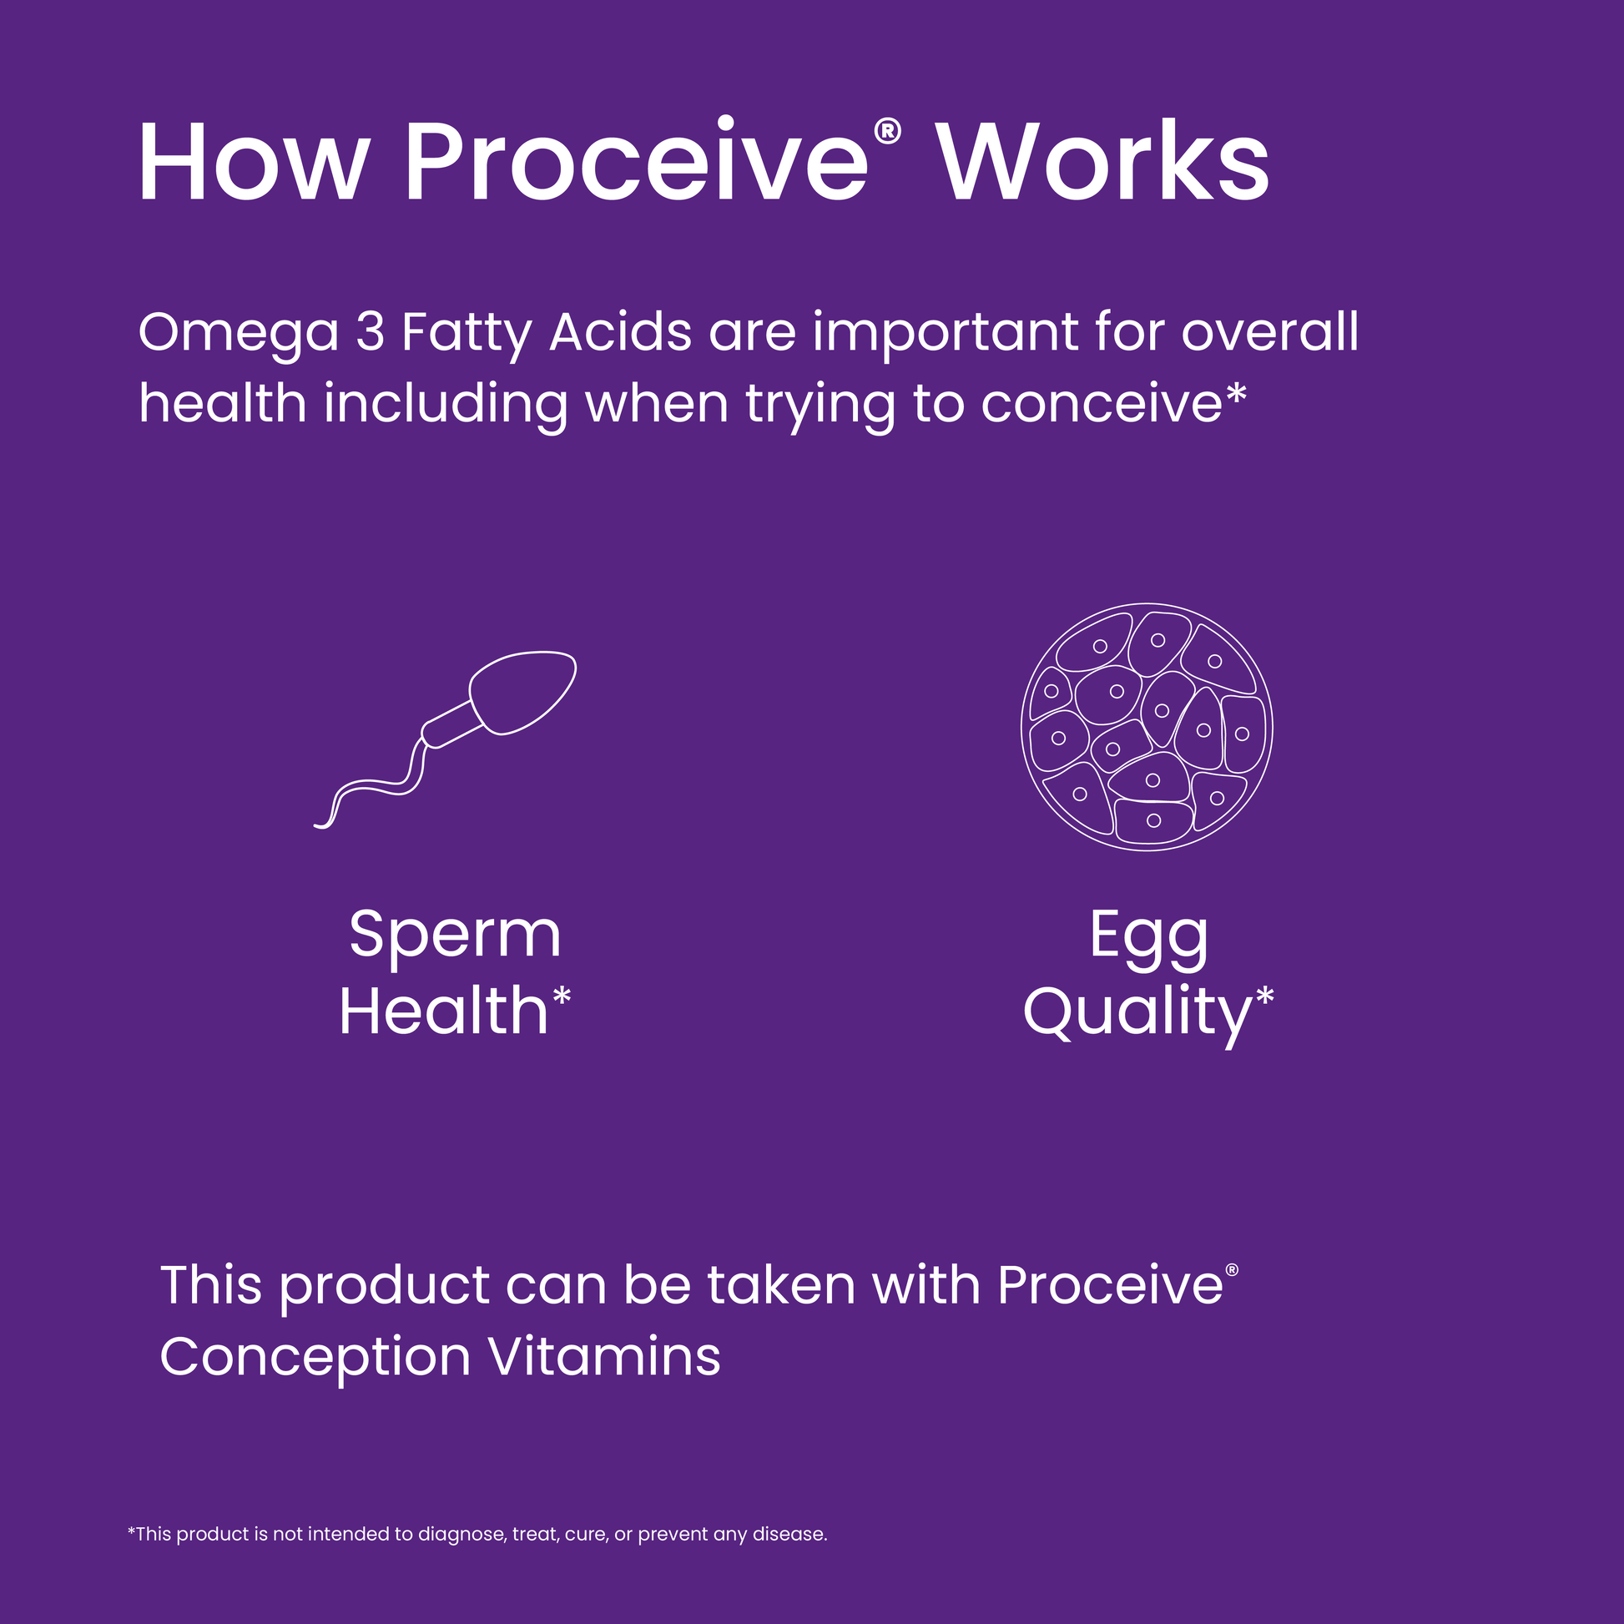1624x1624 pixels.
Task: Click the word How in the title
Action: [254, 162]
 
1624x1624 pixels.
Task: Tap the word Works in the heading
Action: [1103, 162]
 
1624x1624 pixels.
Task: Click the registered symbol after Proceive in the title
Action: [888, 132]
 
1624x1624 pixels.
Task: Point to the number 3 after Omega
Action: [370, 332]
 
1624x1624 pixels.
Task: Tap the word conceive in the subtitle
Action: [1101, 403]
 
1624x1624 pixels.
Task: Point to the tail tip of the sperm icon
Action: [317, 826]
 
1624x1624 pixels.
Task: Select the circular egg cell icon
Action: [1147, 727]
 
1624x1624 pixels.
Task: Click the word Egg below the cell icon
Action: [1148, 938]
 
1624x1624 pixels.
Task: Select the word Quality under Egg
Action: [1137, 1015]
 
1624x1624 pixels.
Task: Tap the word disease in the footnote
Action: [789, 1534]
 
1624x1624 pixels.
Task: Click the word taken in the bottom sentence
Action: [781, 1285]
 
